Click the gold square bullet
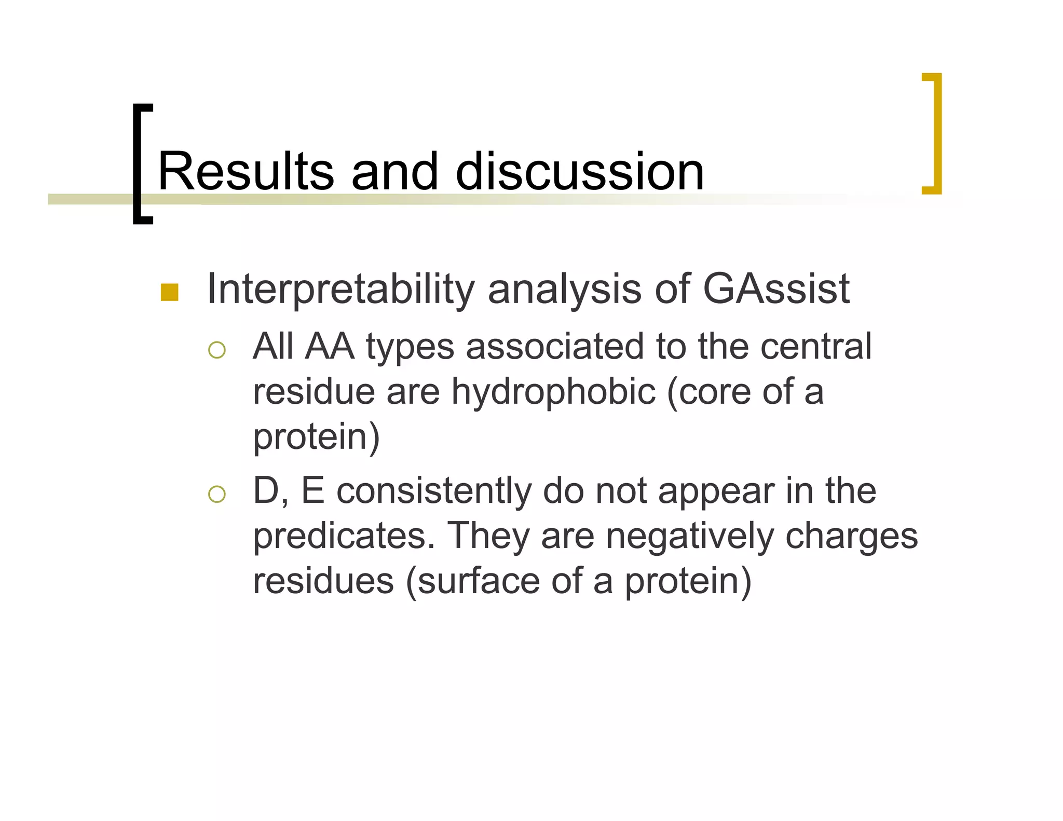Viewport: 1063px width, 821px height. pyautogui.click(x=170, y=292)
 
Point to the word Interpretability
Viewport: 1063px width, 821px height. pyautogui.click(x=340, y=290)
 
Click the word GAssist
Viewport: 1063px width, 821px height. pyautogui.click(x=776, y=289)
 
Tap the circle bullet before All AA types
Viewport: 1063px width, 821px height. pyautogui.click(x=216, y=350)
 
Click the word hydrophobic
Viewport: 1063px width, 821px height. pyautogui.click(x=553, y=391)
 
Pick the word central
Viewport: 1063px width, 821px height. pyautogui.click(x=816, y=346)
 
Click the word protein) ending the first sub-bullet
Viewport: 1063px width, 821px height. pyautogui.click(x=317, y=437)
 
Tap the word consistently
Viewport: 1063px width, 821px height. pyautogui.click(x=434, y=490)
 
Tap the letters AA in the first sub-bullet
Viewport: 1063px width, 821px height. pyautogui.click(x=330, y=346)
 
